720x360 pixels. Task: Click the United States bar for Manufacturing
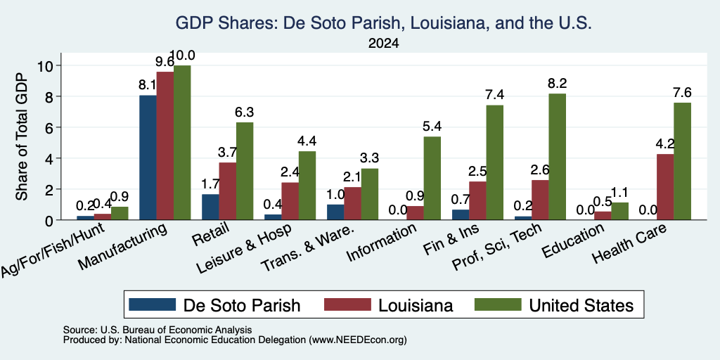[182, 143]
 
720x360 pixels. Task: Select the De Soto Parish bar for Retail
[210, 207]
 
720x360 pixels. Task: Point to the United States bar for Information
[432, 178]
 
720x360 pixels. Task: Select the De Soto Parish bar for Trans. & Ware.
[335, 212]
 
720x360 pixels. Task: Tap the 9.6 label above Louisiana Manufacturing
[165, 62]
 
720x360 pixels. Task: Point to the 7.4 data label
[495, 95]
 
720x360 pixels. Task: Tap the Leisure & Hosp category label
[244, 248]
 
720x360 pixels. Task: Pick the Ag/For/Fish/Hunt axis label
[53, 250]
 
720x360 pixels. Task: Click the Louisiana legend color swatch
[347, 304]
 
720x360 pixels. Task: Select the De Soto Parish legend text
[242, 305]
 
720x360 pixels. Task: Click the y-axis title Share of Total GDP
[22, 136]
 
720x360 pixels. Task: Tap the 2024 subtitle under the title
[383, 44]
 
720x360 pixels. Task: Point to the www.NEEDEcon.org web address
[358, 340]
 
